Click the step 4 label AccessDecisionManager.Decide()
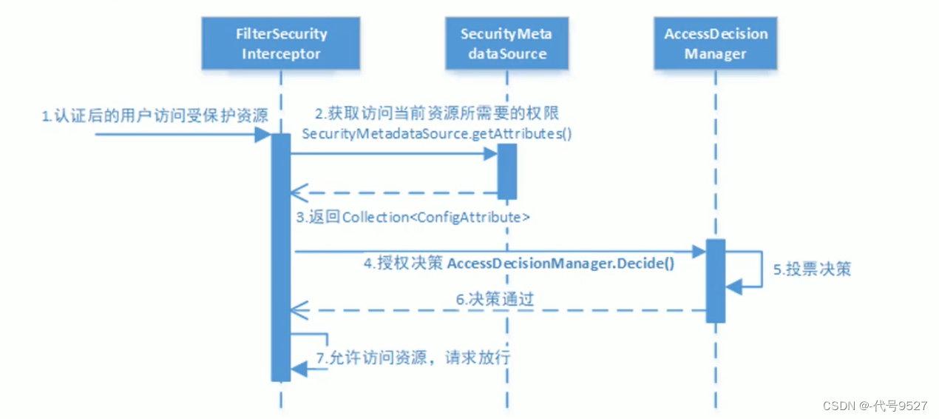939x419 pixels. [x=519, y=264]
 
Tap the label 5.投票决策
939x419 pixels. [x=812, y=269]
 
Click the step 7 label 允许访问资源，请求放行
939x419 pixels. [x=413, y=358]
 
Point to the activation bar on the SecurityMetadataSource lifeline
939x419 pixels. [x=506, y=171]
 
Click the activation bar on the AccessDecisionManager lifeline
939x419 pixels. [x=715, y=281]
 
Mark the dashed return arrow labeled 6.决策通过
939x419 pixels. [x=495, y=310]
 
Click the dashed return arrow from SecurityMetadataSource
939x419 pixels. [x=392, y=193]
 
